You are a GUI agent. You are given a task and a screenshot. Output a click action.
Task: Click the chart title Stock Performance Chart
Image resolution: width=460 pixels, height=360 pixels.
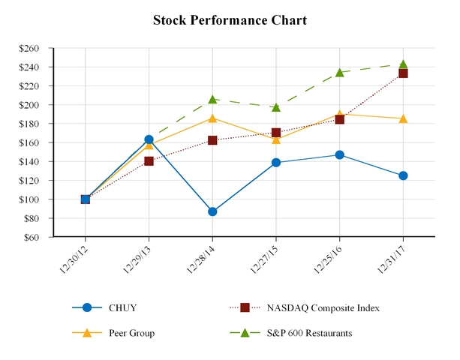(x=230, y=20)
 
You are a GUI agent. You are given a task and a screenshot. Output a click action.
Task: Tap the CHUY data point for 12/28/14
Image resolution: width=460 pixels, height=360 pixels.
(x=212, y=211)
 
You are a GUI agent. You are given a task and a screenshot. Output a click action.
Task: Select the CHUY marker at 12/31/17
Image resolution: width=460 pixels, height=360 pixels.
(x=403, y=175)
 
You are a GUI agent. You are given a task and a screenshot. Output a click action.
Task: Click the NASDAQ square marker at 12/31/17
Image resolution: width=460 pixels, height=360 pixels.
(x=403, y=73)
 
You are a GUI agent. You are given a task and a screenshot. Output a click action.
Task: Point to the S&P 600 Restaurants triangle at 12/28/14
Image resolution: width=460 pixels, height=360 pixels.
(x=212, y=99)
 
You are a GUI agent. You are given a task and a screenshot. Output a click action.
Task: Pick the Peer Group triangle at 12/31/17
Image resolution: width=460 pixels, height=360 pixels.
(x=403, y=118)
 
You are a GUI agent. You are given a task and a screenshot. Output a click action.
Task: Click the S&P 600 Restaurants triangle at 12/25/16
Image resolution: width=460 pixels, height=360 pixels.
(x=339, y=73)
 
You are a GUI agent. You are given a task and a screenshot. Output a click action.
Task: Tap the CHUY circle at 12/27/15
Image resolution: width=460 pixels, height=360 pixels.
(x=276, y=162)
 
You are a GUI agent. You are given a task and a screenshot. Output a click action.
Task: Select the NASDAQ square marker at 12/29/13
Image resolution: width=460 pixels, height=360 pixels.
(x=149, y=161)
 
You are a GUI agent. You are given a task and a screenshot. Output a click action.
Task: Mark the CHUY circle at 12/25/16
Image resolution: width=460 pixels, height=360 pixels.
(x=339, y=154)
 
